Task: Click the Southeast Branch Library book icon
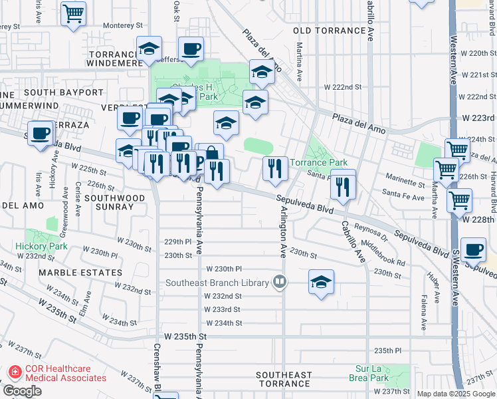280,283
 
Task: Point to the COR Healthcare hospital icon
14,372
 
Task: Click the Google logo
22,392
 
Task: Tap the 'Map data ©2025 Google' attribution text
455,394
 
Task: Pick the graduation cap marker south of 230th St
321,281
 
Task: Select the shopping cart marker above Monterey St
74,13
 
